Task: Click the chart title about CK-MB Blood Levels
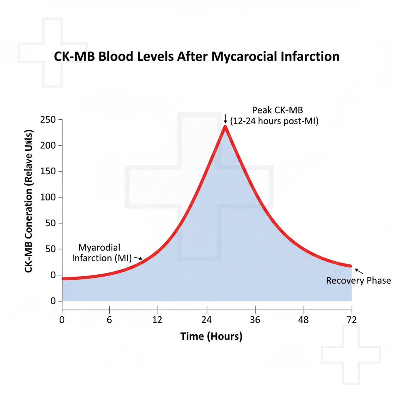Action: click(195, 56)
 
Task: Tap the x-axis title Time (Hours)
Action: click(211, 336)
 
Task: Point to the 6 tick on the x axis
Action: click(110, 320)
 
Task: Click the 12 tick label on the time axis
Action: click(157, 320)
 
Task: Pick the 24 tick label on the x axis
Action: click(207, 320)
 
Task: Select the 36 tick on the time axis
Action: click(255, 320)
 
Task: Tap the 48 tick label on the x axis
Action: click(304, 320)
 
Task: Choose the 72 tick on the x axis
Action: click(352, 320)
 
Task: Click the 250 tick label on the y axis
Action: click(48, 120)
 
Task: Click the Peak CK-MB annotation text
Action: click(274, 115)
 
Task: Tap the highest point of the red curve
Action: click(225, 127)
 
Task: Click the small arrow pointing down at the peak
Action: click(225, 119)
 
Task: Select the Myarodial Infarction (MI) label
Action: click(101, 252)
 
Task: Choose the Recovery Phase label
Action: click(358, 280)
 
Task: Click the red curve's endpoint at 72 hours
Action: click(351, 266)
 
